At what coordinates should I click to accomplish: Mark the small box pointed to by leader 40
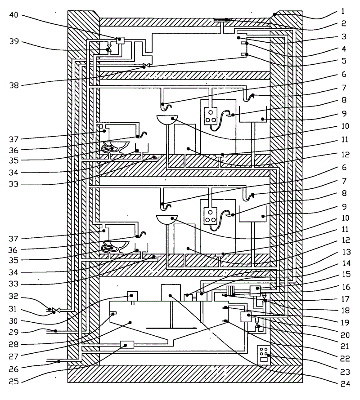tap(120, 40)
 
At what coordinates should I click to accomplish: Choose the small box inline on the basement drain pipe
tap(127, 345)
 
